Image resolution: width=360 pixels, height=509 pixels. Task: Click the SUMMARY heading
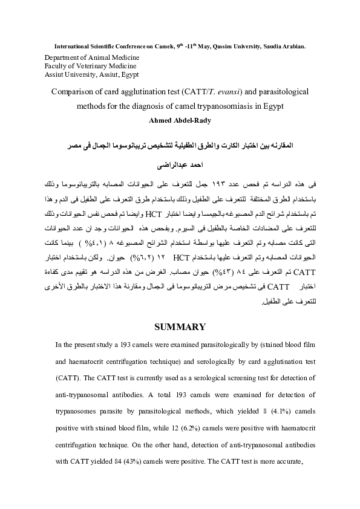[x=180, y=327]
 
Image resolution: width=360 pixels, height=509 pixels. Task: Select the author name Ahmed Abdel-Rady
[x=180, y=120]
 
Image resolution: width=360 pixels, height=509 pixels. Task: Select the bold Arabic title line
[x=180, y=146]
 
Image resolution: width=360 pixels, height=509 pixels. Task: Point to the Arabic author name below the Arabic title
[x=180, y=163]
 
